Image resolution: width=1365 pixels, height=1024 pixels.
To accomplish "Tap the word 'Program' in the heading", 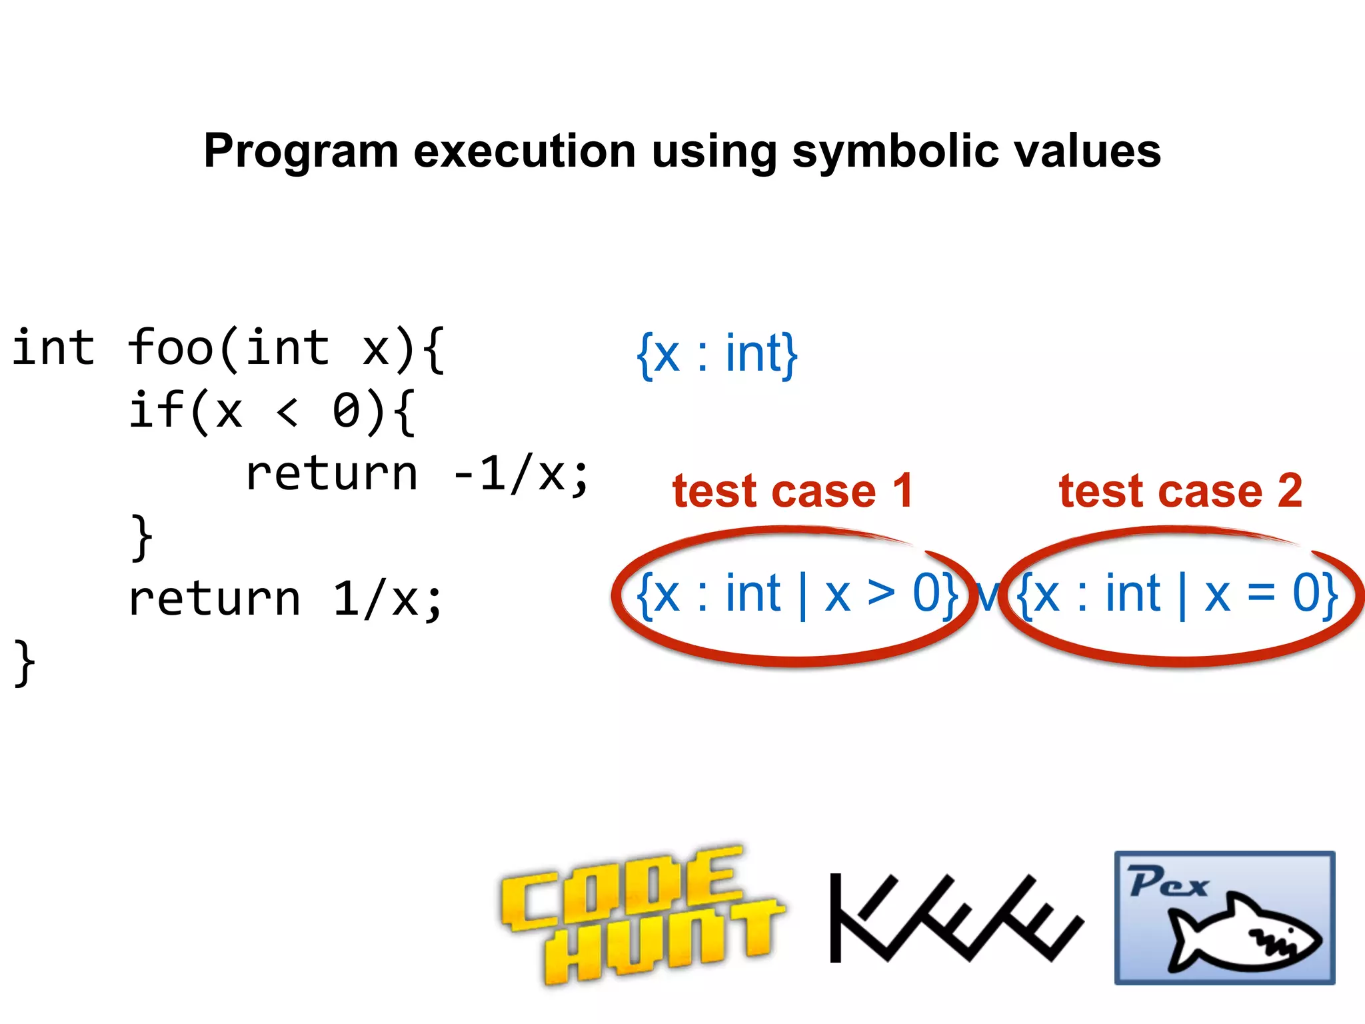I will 301,152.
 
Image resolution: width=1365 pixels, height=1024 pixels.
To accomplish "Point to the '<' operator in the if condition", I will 287,411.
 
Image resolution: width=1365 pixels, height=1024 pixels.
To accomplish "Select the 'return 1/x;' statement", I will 285,598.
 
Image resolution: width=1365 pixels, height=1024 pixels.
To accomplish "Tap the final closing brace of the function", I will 25,661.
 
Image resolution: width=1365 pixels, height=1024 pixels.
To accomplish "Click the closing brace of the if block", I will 142,537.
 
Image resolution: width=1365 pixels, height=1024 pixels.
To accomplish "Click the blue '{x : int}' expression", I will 717,354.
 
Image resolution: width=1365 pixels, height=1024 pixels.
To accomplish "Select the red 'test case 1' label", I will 792,491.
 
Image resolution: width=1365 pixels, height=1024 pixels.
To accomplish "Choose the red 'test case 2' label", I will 1180,491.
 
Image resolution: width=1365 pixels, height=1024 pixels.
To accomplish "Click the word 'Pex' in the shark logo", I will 1168,882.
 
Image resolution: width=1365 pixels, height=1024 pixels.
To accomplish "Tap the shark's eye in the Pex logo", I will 1291,931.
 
